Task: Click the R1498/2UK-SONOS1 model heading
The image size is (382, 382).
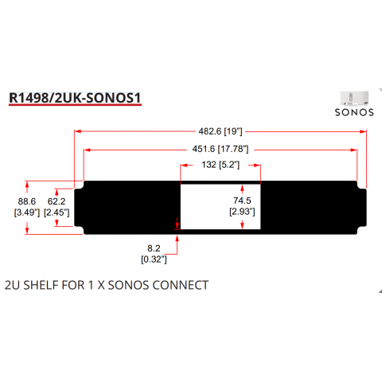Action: (x=75, y=98)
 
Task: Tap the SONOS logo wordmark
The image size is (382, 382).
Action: (x=354, y=112)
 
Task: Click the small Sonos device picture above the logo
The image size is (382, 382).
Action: (x=354, y=99)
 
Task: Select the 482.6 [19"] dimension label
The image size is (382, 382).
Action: (x=220, y=131)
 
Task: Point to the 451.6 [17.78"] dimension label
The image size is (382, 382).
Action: (x=220, y=149)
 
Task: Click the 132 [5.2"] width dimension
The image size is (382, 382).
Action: (x=220, y=165)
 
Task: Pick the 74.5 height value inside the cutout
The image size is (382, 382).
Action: (x=242, y=201)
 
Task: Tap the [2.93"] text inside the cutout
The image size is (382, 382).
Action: (x=242, y=212)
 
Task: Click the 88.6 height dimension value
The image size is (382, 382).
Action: (x=27, y=201)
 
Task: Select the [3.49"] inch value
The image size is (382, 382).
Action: (x=27, y=212)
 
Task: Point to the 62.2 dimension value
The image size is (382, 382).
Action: (x=57, y=201)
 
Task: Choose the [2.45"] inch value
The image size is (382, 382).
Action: (x=57, y=212)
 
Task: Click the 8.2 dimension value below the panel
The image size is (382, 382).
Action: (x=154, y=248)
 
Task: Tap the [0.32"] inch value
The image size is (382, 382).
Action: (x=154, y=259)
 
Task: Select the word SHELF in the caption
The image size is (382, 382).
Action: (x=41, y=285)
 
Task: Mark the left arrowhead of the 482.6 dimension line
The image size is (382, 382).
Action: (x=78, y=131)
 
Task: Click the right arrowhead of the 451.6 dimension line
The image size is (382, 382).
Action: (x=353, y=150)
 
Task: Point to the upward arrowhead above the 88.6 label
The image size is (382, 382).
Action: (x=27, y=185)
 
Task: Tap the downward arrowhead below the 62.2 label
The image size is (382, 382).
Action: (x=57, y=223)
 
